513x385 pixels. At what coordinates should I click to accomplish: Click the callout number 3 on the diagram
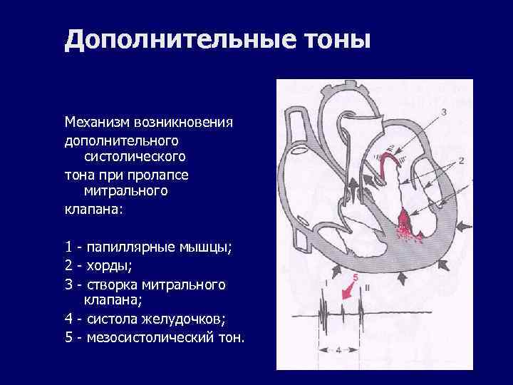pyautogui.click(x=444, y=111)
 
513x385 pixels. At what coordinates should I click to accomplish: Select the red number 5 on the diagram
pyautogui.click(x=354, y=276)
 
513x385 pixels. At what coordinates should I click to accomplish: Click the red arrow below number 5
pyautogui.click(x=349, y=291)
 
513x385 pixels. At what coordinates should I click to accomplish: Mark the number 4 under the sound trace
pyautogui.click(x=338, y=349)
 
